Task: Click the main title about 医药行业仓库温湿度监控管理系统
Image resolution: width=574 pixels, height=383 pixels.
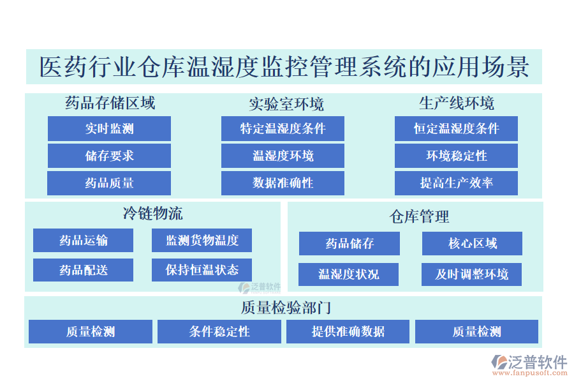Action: (284, 67)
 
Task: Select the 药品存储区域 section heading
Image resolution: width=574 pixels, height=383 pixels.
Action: (110, 103)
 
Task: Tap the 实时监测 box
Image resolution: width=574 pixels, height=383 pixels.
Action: (109, 128)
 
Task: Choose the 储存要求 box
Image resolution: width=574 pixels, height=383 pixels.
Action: (109, 156)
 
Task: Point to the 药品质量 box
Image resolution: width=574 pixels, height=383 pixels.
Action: (109, 183)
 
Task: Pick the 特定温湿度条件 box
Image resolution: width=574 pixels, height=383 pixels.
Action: (283, 128)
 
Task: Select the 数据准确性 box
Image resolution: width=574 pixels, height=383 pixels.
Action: (283, 183)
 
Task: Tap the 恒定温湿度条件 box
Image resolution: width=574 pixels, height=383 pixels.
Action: (456, 128)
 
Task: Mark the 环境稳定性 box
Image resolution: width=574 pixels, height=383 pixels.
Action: (456, 156)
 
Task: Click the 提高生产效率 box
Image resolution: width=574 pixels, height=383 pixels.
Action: (456, 183)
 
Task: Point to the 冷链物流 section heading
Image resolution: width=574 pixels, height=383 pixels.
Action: (152, 213)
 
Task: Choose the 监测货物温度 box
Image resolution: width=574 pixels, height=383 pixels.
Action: (202, 241)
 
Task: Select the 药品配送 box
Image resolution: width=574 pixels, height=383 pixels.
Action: (84, 270)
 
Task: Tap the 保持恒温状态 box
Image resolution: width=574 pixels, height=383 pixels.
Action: (202, 270)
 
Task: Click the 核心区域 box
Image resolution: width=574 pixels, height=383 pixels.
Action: (472, 243)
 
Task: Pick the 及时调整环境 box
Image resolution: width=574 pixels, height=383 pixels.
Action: (472, 274)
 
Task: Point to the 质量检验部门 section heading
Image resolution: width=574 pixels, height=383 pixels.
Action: (285, 307)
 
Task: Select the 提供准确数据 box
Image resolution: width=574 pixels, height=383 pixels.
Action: (348, 331)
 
